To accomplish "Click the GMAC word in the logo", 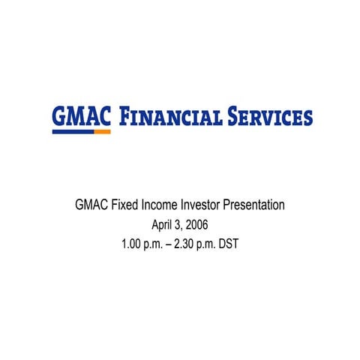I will [82, 116].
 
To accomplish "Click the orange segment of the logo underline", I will [103, 131].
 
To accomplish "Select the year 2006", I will [196, 223].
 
